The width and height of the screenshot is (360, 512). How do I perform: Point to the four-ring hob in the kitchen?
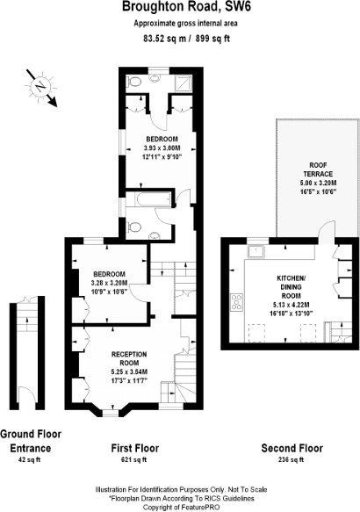point(238,303)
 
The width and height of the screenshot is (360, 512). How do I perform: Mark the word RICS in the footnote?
point(205,496)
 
